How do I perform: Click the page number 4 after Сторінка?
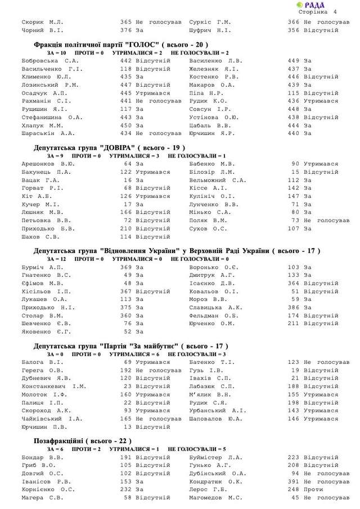click(335, 12)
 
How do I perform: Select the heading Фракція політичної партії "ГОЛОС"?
click(120, 44)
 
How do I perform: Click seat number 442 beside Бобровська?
click(125, 60)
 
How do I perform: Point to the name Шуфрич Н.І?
click(210, 30)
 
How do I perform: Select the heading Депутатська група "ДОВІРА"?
click(105, 148)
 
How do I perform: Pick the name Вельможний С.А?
click(218, 180)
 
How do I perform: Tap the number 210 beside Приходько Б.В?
click(125, 229)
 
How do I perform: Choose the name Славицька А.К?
click(215, 308)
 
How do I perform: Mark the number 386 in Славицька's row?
click(294, 308)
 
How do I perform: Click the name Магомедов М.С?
click(215, 498)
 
